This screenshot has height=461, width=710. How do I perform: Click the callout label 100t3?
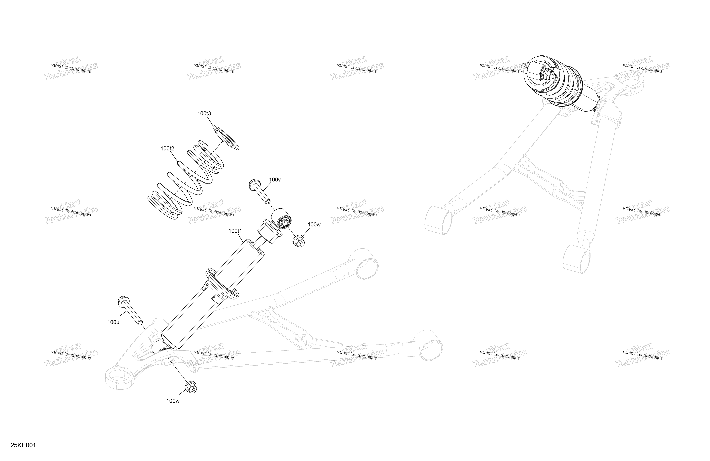click(204, 114)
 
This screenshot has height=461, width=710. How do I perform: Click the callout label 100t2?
click(167, 149)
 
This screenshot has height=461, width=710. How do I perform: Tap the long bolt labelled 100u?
click(130, 311)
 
